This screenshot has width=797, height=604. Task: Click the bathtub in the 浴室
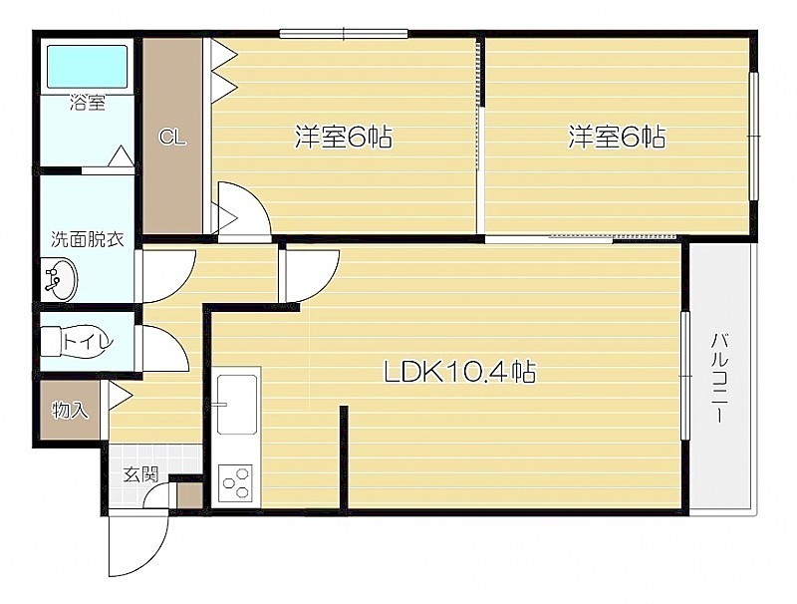(x=87, y=67)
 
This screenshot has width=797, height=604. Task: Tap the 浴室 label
(x=88, y=104)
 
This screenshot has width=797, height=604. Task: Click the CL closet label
(x=172, y=138)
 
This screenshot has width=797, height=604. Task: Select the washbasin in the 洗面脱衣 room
(x=61, y=279)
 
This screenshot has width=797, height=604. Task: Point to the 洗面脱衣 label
(x=87, y=239)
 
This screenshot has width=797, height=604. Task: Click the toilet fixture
(x=77, y=341)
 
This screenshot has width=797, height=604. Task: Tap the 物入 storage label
(x=70, y=410)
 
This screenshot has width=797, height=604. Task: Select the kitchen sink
(x=236, y=405)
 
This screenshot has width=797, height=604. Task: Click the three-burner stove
(x=236, y=482)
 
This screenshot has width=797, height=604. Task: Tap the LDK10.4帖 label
(x=459, y=372)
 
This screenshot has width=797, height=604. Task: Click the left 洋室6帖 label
(x=344, y=137)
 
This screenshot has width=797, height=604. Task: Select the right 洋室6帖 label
(x=616, y=137)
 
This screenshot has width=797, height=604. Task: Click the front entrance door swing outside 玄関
(x=138, y=542)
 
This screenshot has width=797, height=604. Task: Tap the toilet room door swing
(x=162, y=348)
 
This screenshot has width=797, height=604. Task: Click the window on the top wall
(x=344, y=34)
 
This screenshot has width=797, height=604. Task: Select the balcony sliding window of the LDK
(x=685, y=375)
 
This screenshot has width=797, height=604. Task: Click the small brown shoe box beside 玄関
(x=189, y=494)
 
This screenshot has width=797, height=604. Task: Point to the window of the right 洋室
(x=754, y=137)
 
